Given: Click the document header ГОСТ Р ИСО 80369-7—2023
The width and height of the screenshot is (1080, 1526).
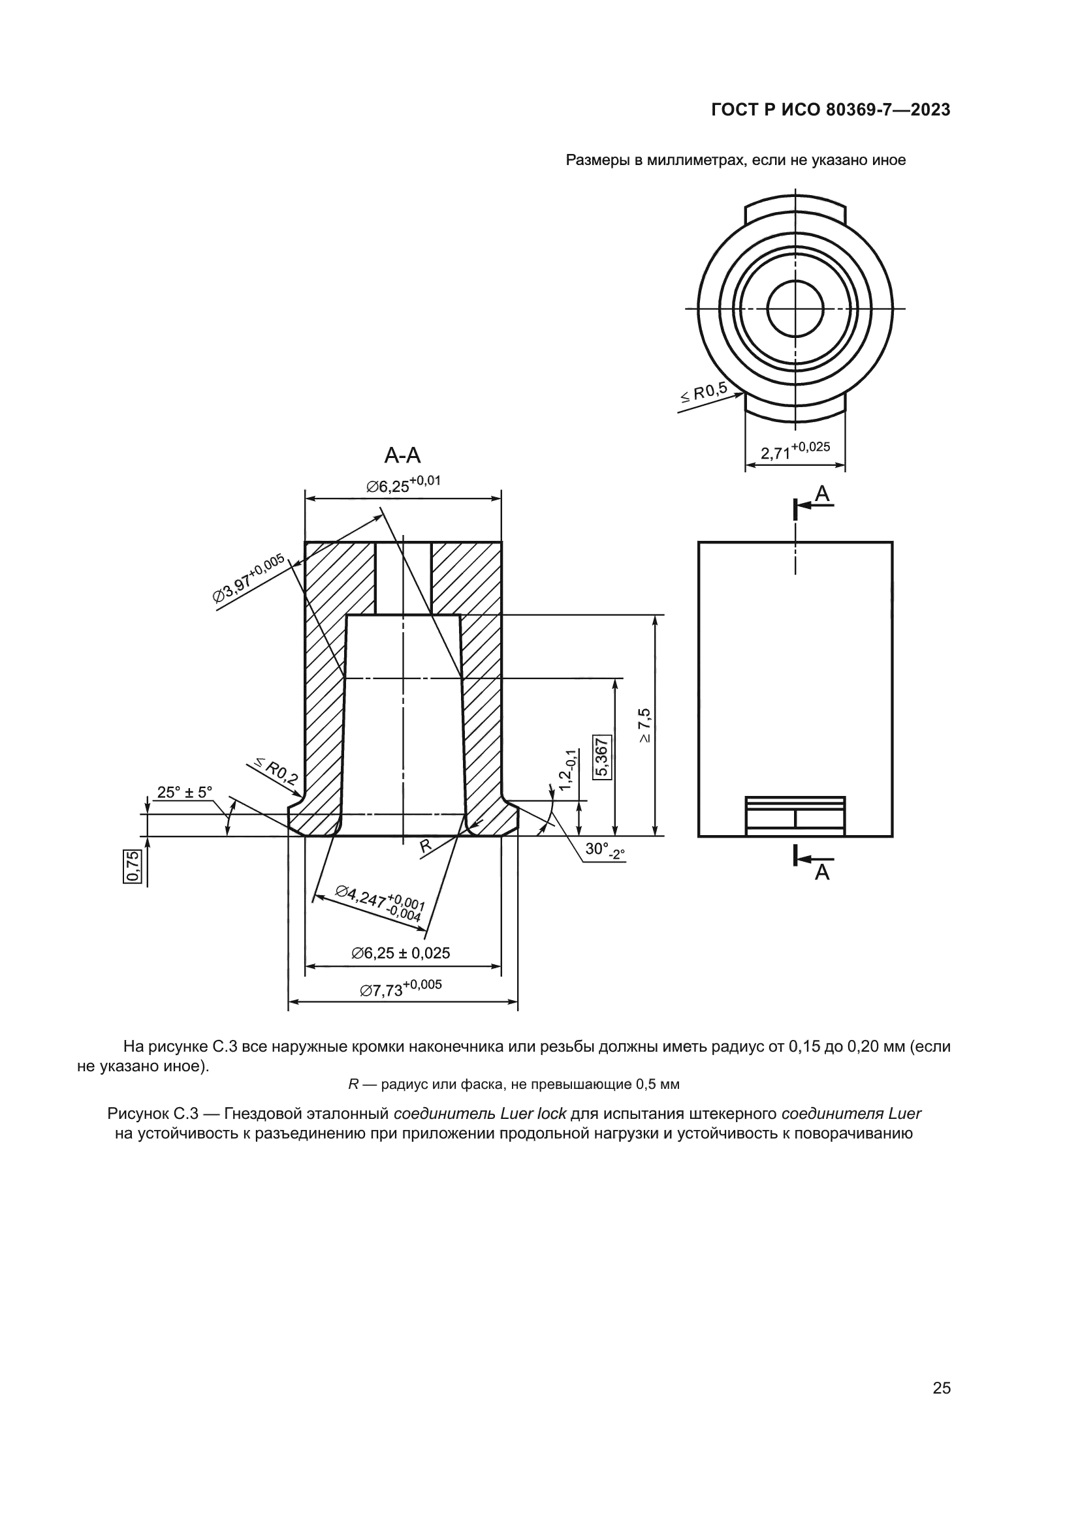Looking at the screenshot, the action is tap(831, 110).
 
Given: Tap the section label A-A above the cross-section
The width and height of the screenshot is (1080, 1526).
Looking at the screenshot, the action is tap(402, 455).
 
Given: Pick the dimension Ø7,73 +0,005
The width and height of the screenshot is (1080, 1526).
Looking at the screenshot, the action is tap(400, 988).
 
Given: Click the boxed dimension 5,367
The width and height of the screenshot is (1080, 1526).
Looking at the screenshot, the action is tap(603, 757).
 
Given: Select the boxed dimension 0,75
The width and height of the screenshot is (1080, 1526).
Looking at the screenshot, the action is tap(133, 866).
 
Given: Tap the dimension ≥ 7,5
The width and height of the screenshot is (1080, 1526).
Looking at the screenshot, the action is tap(644, 726).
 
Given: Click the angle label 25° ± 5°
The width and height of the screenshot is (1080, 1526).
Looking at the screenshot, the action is tap(184, 792).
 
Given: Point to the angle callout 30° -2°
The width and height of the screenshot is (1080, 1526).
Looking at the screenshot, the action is tap(605, 851).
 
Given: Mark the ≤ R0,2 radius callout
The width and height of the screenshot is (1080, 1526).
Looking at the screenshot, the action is tap(274, 771).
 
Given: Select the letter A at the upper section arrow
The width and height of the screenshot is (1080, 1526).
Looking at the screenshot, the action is tap(823, 494).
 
